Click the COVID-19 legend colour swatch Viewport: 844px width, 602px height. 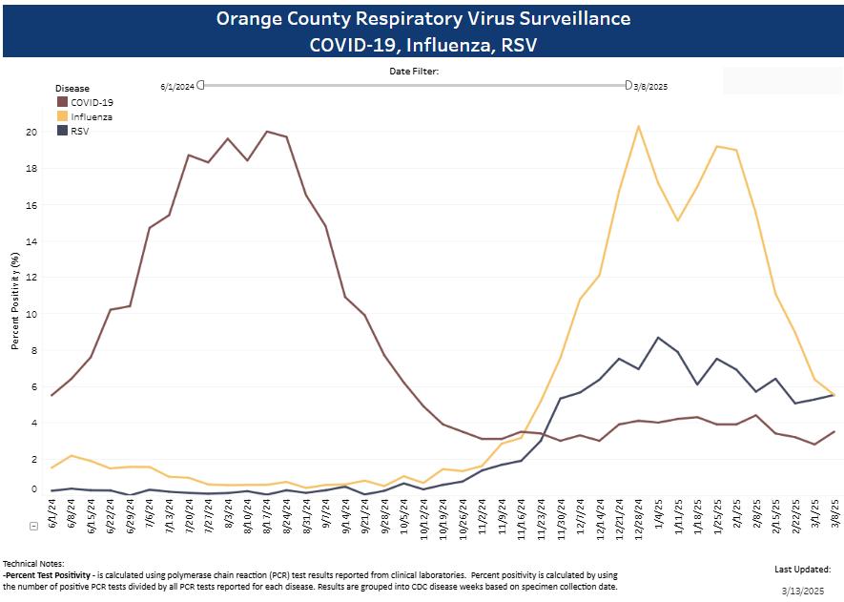[62, 101]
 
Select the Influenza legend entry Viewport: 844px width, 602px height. [92, 116]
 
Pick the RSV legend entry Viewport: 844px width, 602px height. [81, 131]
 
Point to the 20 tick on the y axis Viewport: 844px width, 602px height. [31, 132]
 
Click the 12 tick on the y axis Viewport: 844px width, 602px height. [31, 277]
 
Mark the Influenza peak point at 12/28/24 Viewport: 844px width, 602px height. [638, 126]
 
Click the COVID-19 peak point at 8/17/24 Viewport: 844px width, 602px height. [267, 132]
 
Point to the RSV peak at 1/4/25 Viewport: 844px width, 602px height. [658, 338]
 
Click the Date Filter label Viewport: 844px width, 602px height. [413, 71]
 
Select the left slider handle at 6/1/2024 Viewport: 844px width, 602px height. [201, 86]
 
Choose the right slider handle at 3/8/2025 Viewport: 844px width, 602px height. [628, 86]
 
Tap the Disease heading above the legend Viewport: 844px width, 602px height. [72, 88]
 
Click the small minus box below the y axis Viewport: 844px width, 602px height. [33, 526]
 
